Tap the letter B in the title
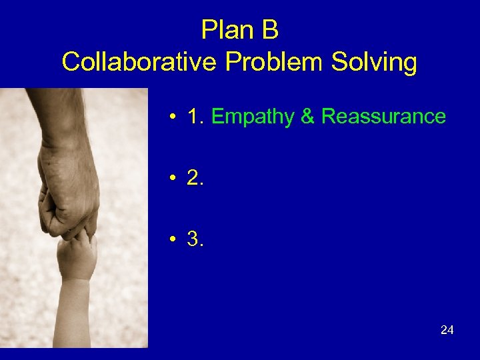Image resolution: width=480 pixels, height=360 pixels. click(x=270, y=31)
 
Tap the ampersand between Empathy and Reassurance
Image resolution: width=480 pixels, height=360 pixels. click(x=307, y=117)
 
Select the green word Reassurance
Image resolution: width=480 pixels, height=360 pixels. click(x=383, y=117)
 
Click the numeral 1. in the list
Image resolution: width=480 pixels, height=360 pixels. click(x=196, y=117)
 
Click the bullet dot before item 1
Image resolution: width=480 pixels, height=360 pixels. click(x=172, y=118)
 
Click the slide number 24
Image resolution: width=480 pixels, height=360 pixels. click(x=447, y=329)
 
